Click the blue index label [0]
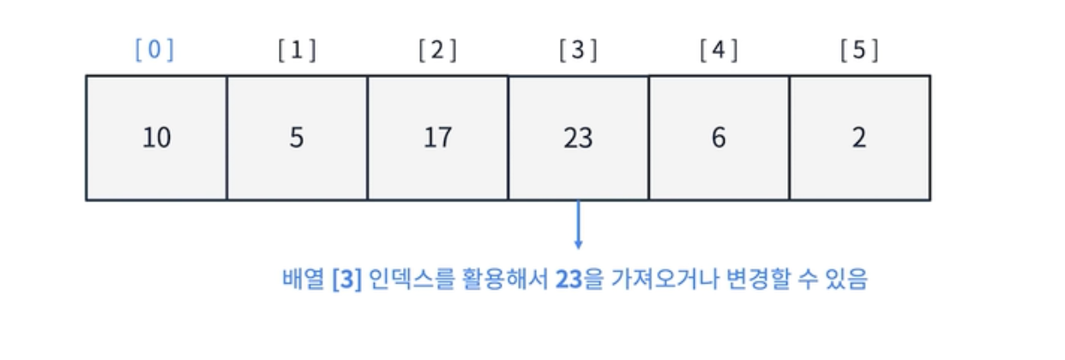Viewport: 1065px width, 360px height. (154, 50)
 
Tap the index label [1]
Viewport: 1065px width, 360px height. (297, 50)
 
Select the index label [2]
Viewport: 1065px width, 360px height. (437, 50)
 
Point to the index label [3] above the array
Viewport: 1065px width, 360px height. (578, 50)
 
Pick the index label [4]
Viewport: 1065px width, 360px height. (719, 50)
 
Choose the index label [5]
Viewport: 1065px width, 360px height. (859, 50)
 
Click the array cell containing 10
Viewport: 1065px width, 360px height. (156, 138)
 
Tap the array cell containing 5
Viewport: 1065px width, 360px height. (298, 138)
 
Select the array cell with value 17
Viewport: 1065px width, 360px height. (438, 138)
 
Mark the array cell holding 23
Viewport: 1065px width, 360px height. (579, 138)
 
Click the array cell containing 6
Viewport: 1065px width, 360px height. (719, 138)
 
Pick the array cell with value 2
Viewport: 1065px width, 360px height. (860, 138)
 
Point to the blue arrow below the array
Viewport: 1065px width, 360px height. (578, 225)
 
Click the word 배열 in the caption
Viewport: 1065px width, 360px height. (304, 279)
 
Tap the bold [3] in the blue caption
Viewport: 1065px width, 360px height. (347, 279)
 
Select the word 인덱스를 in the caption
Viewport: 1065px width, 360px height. (412, 279)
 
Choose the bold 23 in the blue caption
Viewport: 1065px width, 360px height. (569, 279)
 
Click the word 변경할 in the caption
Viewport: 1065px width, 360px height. (758, 279)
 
